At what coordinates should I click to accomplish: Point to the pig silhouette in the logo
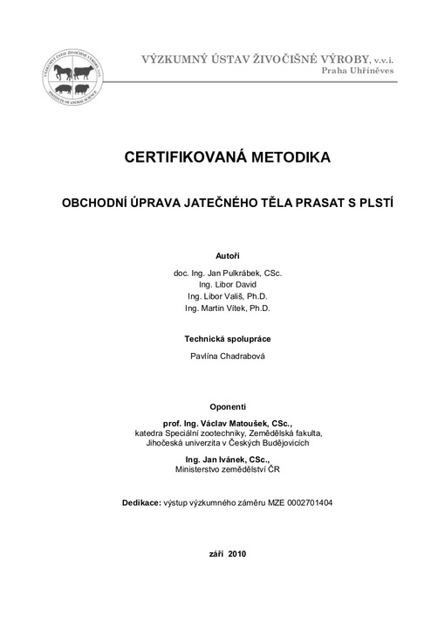coord(63,88)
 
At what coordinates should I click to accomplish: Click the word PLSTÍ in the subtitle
coord(366,202)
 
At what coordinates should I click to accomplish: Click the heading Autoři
coord(228,256)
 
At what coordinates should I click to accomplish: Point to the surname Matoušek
coord(246,423)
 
